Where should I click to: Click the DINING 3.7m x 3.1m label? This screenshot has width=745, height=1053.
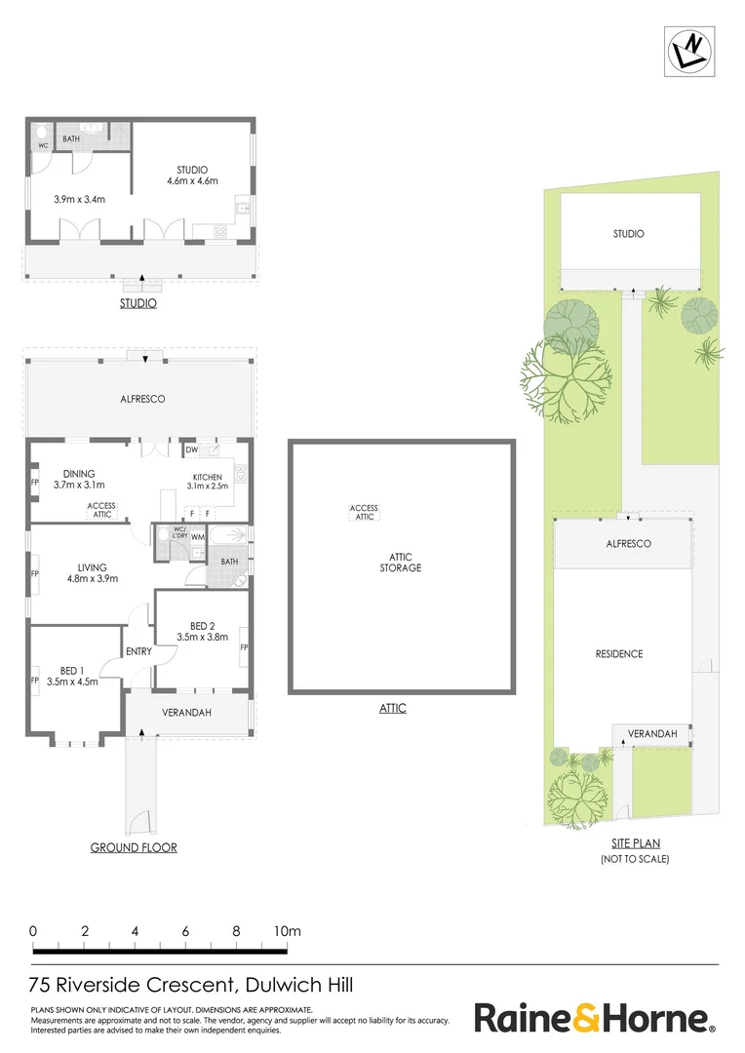pyautogui.click(x=78, y=478)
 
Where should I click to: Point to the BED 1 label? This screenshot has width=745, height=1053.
pyautogui.click(x=72, y=676)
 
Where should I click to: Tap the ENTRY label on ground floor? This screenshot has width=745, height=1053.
pyautogui.click(x=138, y=651)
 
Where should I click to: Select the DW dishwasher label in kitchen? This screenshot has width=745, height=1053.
pyautogui.click(x=191, y=450)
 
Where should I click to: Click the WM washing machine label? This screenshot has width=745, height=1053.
pyautogui.click(x=197, y=537)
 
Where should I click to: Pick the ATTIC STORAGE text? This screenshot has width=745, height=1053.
pyautogui.click(x=402, y=562)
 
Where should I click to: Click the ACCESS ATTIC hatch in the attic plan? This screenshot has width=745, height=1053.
pyautogui.click(x=364, y=512)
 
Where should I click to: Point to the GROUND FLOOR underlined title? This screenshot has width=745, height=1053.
pyautogui.click(x=134, y=847)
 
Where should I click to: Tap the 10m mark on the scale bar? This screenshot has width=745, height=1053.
pyautogui.click(x=287, y=931)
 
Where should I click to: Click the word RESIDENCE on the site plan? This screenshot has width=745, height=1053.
pyautogui.click(x=619, y=653)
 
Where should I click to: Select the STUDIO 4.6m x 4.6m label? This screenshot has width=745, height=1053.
pyautogui.click(x=192, y=175)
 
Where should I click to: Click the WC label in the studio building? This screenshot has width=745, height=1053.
pyautogui.click(x=42, y=146)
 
